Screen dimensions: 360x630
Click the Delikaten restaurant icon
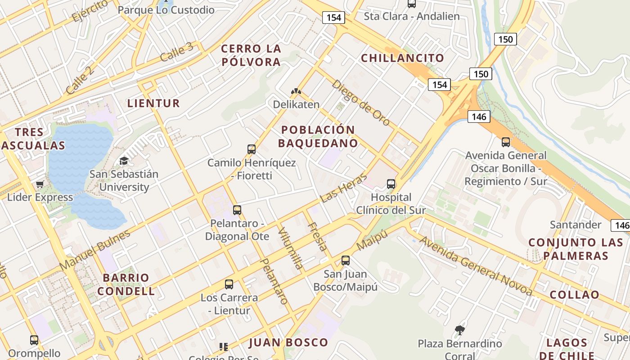tap(296, 91)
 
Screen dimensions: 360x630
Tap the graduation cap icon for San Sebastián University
tap(124, 161)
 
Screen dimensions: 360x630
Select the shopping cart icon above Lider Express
tap(40, 184)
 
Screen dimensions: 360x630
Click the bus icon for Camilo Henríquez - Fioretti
tap(252, 149)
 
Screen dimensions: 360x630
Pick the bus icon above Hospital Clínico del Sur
tap(391, 184)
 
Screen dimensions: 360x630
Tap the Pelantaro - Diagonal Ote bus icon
tap(237, 210)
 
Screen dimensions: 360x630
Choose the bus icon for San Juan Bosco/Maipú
tap(346, 260)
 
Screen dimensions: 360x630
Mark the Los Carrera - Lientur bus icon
tap(229, 284)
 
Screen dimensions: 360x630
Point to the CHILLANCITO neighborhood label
tap(402, 58)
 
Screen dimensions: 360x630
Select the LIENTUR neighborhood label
tap(153, 103)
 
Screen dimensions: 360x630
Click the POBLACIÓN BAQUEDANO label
tap(318, 136)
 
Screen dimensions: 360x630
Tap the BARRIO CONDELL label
tap(126, 284)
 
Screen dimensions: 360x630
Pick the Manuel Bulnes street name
tap(95, 250)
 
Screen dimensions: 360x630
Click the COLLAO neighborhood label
tap(574, 295)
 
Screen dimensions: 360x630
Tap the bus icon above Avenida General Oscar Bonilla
tap(506, 142)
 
